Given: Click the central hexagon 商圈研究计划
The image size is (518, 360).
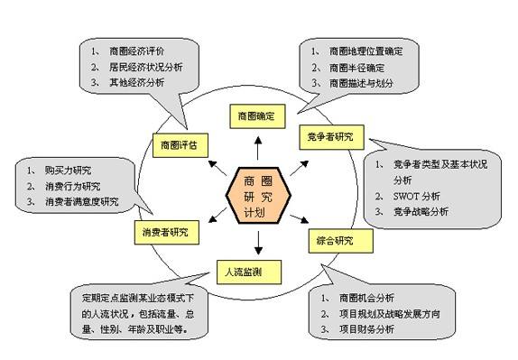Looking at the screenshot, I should (x=258, y=194).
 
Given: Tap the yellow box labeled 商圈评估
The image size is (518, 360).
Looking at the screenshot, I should (x=179, y=143).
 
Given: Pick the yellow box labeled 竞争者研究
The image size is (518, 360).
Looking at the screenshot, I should (x=331, y=137).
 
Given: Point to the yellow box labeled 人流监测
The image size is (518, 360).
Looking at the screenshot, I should (x=245, y=269).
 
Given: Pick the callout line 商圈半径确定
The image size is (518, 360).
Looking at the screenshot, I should (x=357, y=67).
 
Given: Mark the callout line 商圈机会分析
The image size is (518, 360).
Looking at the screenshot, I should (x=362, y=297).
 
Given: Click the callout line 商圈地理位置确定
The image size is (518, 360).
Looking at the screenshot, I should (x=369, y=51).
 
